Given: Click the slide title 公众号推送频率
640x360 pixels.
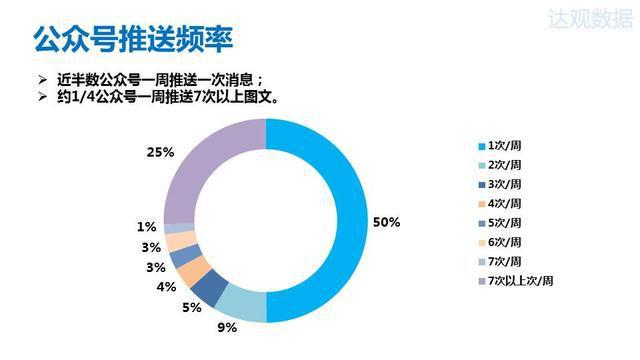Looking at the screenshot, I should [134, 40].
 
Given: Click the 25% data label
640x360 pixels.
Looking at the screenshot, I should [160, 152].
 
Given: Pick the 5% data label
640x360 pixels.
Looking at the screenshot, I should [190, 307].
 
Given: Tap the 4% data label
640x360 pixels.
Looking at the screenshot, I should [166, 287].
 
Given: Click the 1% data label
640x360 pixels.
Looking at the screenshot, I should [147, 227].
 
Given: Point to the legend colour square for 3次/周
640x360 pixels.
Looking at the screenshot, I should [480, 185].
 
